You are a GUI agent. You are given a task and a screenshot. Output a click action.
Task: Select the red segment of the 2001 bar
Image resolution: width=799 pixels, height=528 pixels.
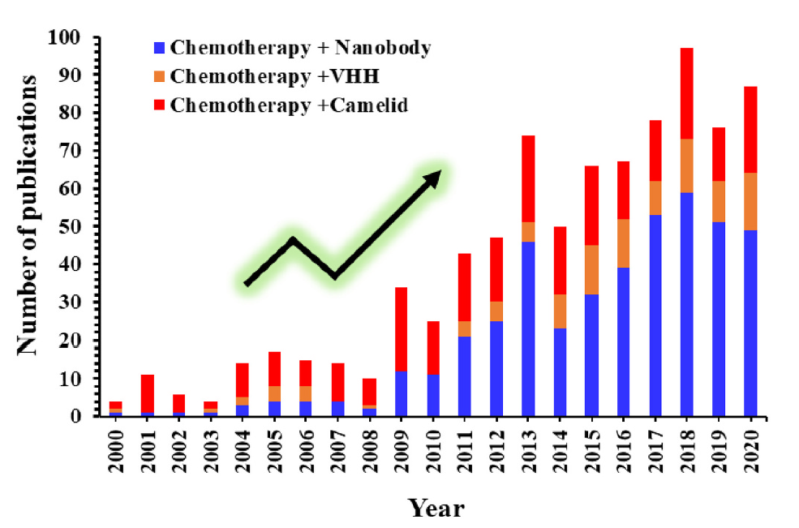148,393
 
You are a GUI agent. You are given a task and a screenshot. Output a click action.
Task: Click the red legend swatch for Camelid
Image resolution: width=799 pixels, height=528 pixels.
161,106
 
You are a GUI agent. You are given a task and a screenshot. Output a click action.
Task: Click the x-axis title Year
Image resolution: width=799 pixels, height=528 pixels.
436,509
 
